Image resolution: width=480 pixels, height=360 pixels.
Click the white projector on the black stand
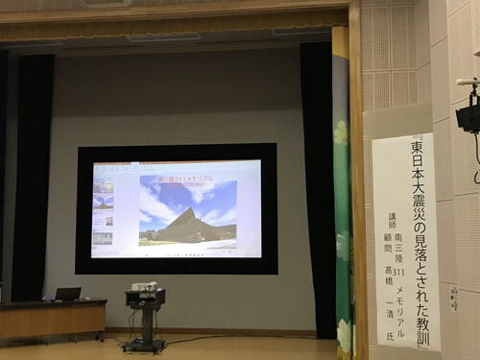144,286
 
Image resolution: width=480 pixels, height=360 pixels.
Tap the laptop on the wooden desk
67,294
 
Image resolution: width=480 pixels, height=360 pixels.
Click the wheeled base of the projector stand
144,344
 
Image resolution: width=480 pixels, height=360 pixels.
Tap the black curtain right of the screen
318,173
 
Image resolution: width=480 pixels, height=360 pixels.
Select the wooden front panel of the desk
53,321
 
